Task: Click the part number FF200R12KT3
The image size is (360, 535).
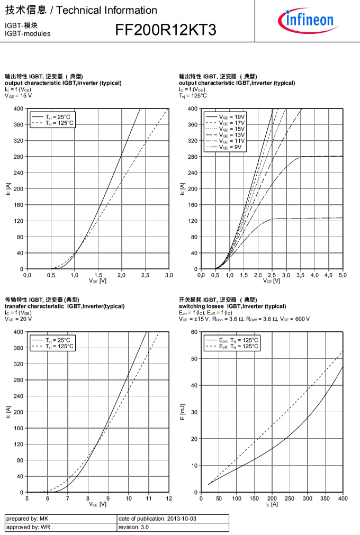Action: (x=166, y=31)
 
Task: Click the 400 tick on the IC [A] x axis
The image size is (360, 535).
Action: (x=343, y=498)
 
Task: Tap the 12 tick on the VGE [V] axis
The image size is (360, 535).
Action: (x=169, y=498)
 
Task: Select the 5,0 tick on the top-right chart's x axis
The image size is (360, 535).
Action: (x=343, y=275)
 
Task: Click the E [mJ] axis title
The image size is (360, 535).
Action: (x=183, y=412)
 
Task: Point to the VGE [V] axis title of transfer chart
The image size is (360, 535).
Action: (x=98, y=504)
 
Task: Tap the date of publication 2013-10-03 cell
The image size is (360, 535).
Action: (x=158, y=519)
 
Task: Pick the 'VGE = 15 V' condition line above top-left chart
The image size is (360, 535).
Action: (x=19, y=96)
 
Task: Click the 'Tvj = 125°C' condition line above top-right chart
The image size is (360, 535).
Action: (x=193, y=96)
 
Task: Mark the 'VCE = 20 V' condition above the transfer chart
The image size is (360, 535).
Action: (x=19, y=319)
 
